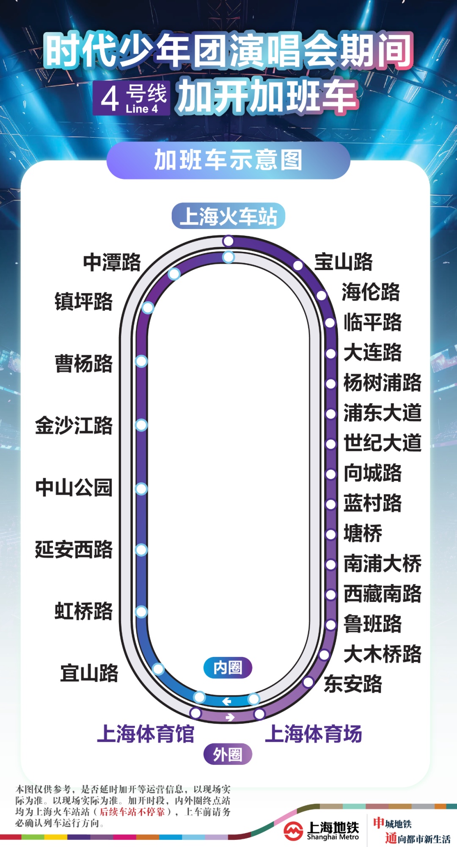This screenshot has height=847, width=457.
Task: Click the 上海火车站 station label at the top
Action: [x=228, y=216]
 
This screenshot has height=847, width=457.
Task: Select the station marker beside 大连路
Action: [x=330, y=353]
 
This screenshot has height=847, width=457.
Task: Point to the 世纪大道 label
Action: [x=383, y=443]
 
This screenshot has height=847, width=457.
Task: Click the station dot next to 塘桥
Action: [x=330, y=534]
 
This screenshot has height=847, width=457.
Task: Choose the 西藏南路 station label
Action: [x=383, y=593]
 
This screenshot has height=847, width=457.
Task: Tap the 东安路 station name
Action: [x=353, y=684]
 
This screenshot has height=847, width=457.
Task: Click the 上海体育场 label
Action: [x=314, y=734]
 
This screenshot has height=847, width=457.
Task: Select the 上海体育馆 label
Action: [x=146, y=734]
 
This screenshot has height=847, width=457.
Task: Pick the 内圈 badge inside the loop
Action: [x=228, y=668]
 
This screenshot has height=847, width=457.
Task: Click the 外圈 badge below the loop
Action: [x=228, y=754]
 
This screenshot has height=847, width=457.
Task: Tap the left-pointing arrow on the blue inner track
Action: [x=227, y=701]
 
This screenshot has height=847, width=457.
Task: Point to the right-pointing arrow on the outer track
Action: [x=230, y=717]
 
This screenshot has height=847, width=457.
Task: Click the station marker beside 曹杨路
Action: [x=141, y=361]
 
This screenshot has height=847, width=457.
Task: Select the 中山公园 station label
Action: [x=74, y=487]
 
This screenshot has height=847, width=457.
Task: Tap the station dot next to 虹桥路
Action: [x=141, y=611]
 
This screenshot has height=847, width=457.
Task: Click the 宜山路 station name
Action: [x=89, y=673]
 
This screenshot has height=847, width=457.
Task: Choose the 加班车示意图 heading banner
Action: [x=228, y=160]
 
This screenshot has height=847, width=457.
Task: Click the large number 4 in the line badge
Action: [x=110, y=99]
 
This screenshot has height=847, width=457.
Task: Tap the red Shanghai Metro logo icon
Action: [x=293, y=831]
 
